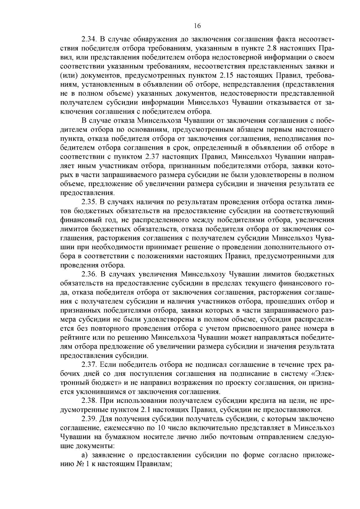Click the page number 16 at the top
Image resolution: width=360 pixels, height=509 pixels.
(197, 26)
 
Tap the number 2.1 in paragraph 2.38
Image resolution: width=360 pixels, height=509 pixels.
(145, 410)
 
